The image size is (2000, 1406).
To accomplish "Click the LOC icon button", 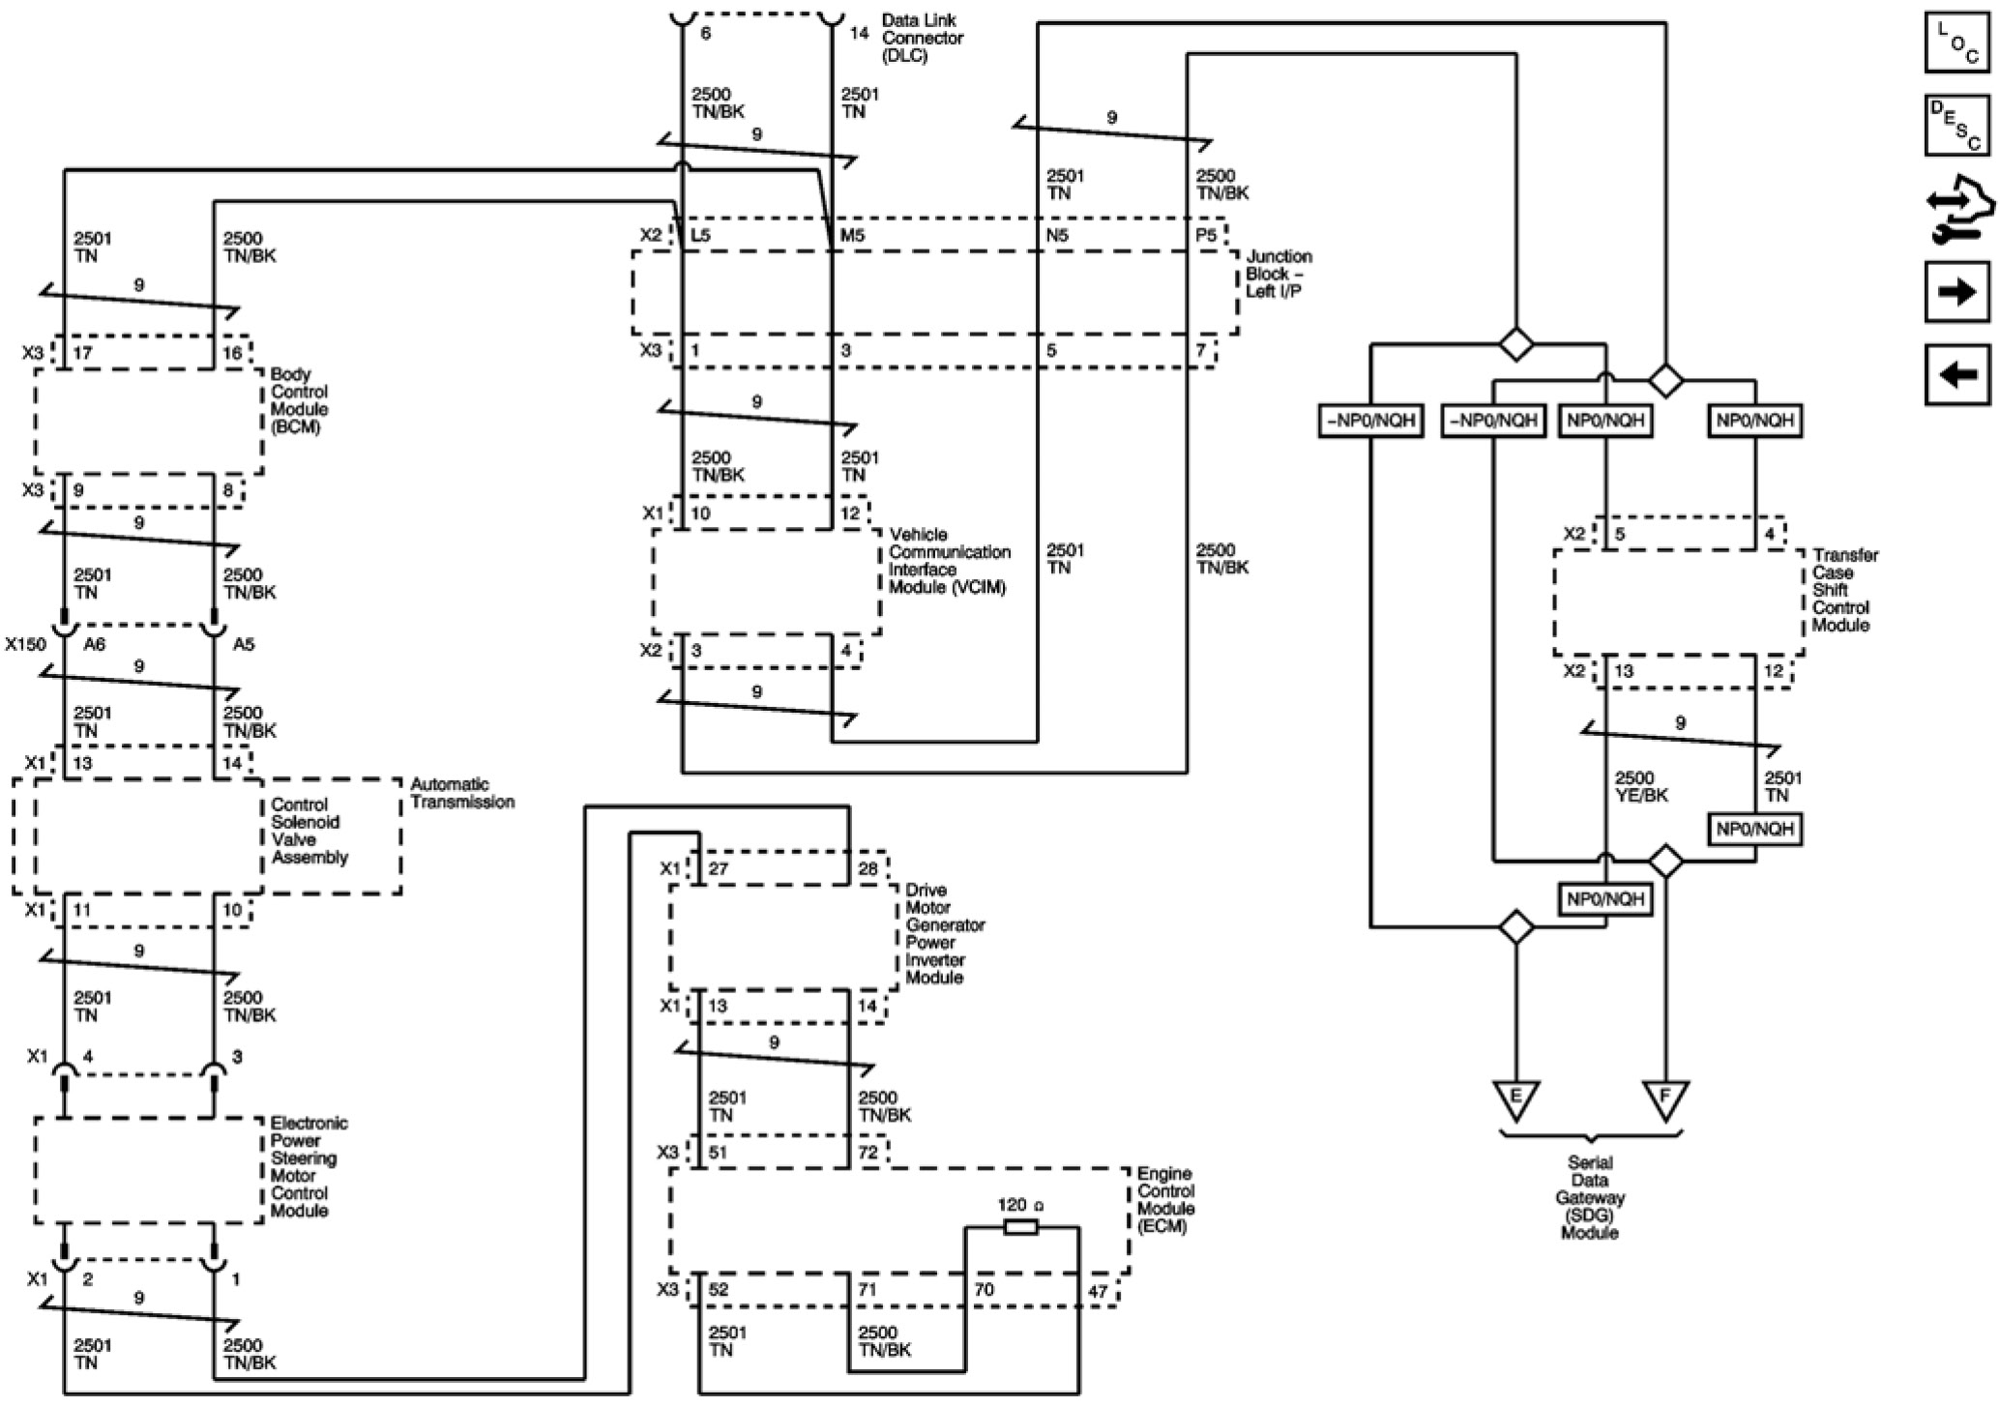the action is pos(1956,42).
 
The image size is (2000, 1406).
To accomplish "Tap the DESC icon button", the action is pos(1956,125).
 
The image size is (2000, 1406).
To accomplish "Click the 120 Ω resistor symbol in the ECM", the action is pos(1021,1227).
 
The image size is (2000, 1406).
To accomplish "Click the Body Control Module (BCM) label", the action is pos(299,400).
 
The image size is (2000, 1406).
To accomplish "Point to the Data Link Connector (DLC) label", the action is pos(922,38).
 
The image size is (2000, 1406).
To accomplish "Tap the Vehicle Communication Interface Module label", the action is pos(950,561).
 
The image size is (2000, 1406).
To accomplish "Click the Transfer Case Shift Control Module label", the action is pos(1845,590).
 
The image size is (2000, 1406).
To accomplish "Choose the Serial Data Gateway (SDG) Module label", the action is pos(1590,1197).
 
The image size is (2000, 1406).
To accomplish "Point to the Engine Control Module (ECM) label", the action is pos(1165,1200).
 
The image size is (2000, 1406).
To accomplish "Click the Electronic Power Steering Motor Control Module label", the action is pos(309,1166).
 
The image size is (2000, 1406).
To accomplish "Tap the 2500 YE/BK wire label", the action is pos(1641,787).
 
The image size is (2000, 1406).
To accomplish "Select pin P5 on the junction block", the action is pos(1206,235).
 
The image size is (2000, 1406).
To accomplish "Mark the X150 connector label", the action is pos(25,644).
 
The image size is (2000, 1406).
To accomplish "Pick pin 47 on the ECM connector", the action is pos(1098,1291).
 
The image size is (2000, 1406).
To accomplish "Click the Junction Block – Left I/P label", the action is pos(1279,274).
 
